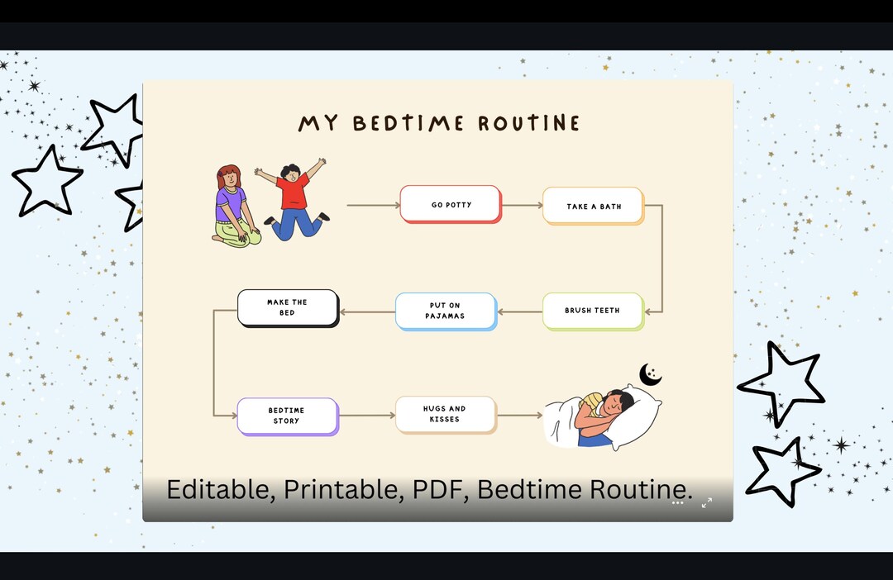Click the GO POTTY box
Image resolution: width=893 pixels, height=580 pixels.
[x=451, y=204]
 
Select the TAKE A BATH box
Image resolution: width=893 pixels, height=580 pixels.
[x=593, y=206]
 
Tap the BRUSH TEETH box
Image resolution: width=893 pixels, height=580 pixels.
[x=592, y=311]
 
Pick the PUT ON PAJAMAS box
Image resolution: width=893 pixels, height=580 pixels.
[x=445, y=311]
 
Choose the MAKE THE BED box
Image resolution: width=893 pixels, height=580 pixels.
[x=287, y=307]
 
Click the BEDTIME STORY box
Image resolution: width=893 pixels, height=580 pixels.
[x=286, y=416]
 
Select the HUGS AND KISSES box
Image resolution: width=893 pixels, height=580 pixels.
[x=445, y=414]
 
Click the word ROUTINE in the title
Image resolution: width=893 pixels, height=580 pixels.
[x=529, y=123]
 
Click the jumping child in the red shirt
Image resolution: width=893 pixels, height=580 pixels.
[x=294, y=200]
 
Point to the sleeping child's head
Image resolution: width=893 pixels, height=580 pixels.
[x=616, y=404]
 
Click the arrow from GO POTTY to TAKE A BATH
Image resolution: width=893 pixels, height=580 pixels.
[x=521, y=205]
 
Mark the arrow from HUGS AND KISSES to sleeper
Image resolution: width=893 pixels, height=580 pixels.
[x=519, y=415]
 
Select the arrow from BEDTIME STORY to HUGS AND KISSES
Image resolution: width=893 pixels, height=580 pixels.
[x=367, y=415]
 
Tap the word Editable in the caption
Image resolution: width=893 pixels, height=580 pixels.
[x=218, y=489]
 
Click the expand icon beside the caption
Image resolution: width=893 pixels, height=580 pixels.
[x=707, y=502]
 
